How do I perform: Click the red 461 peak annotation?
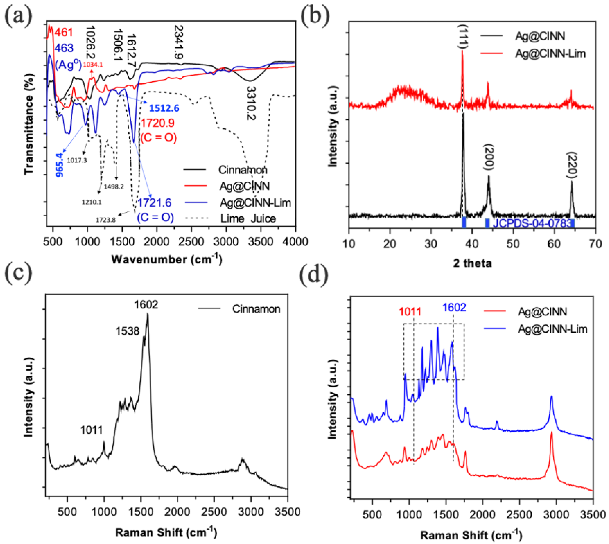click(64, 32)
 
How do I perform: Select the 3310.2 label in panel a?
click(251, 103)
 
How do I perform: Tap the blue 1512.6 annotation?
click(164, 108)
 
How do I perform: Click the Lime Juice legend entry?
click(248, 219)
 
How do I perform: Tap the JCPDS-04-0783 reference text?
click(531, 223)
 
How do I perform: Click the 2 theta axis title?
click(472, 263)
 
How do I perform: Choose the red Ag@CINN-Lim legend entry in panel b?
click(550, 54)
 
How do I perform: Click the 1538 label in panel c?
click(127, 331)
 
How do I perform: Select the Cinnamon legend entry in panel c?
click(256, 309)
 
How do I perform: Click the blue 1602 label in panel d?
click(454, 308)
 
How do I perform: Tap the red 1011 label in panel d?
click(410, 312)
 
